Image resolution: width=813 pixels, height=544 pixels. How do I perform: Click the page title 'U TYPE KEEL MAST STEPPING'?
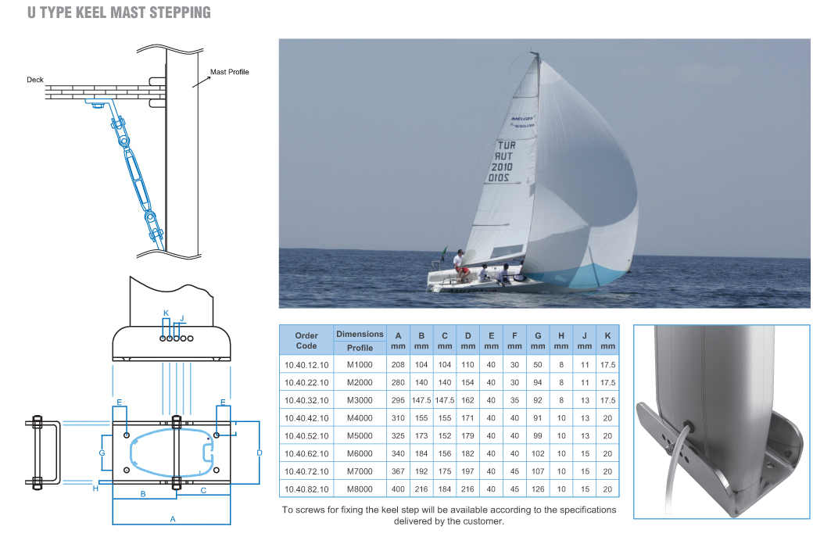pyautogui.click(x=119, y=13)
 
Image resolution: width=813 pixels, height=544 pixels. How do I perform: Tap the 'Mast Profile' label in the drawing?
pyautogui.click(x=230, y=72)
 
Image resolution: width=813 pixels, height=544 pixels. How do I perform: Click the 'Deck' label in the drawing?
pyautogui.click(x=35, y=80)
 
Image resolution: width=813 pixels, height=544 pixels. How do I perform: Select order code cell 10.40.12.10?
pyautogui.click(x=306, y=364)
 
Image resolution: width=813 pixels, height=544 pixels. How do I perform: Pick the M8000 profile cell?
pyautogui.click(x=360, y=489)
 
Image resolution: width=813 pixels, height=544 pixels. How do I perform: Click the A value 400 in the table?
pyautogui.click(x=398, y=489)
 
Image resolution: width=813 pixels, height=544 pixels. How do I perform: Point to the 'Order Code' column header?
pyautogui.click(x=306, y=340)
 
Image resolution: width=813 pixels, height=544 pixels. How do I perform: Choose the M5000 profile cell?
pyautogui.click(x=360, y=435)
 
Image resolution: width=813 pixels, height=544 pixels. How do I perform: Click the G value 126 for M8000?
pyautogui.click(x=538, y=489)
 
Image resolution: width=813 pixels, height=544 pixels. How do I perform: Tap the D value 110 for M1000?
pyautogui.click(x=467, y=364)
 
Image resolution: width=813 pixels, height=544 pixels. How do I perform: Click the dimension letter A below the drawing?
pyautogui.click(x=173, y=519)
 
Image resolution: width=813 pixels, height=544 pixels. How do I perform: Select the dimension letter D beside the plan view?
pyautogui.click(x=260, y=453)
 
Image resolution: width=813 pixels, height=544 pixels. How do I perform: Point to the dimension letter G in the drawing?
pyautogui.click(x=102, y=453)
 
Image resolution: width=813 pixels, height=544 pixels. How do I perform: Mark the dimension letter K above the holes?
pyautogui.click(x=166, y=313)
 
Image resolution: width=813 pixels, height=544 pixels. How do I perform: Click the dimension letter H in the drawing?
pyautogui.click(x=95, y=489)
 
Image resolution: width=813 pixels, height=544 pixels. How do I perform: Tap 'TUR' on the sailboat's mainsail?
pyautogui.click(x=506, y=146)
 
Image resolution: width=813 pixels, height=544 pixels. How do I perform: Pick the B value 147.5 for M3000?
pyautogui.click(x=421, y=399)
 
